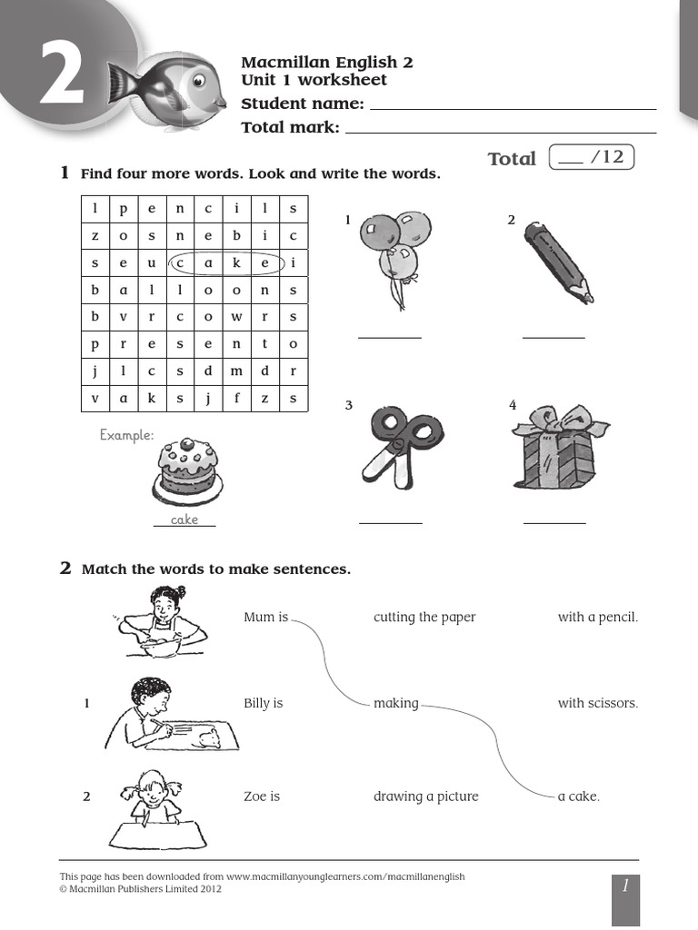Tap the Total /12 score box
click(x=592, y=158)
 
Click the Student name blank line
click(x=513, y=105)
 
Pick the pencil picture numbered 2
click(x=556, y=261)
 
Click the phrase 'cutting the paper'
click(x=424, y=618)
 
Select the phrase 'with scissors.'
click(x=598, y=703)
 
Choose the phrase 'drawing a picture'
click(x=425, y=796)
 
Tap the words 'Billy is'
click(x=264, y=703)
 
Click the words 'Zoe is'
click(x=262, y=796)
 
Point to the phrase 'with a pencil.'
click(x=598, y=618)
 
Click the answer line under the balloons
click(x=390, y=336)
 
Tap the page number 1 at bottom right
click(x=625, y=886)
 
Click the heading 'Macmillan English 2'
click(x=326, y=63)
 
